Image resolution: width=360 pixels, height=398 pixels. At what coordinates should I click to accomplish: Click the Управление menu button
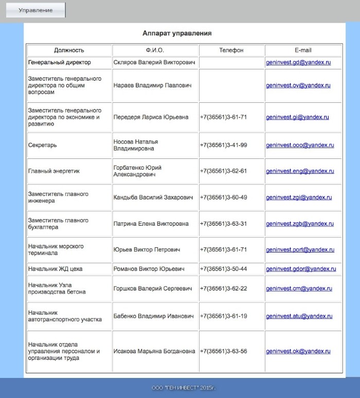(35, 10)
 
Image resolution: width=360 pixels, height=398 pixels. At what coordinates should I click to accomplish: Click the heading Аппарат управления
(177, 33)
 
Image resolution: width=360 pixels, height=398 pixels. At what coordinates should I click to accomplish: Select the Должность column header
(69, 50)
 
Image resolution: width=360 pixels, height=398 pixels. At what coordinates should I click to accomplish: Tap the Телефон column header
(231, 50)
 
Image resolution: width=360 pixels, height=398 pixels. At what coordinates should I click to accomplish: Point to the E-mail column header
(303, 50)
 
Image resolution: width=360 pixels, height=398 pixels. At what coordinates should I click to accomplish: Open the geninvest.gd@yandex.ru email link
(298, 63)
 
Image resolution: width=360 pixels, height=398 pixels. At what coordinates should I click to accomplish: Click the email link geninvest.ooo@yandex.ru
(300, 146)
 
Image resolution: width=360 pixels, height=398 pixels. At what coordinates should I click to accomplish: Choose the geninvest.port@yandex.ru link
(300, 250)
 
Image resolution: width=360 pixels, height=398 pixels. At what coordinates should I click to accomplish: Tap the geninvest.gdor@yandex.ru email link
(301, 269)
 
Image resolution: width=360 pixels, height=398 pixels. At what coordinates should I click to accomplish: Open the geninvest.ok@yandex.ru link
(298, 351)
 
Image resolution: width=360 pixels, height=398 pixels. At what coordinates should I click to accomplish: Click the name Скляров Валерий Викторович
(154, 63)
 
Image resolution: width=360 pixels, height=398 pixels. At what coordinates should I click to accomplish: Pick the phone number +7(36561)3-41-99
(223, 146)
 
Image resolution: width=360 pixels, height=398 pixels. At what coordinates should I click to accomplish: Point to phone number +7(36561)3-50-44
(223, 269)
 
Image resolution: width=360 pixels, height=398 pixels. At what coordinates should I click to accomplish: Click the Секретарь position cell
(43, 146)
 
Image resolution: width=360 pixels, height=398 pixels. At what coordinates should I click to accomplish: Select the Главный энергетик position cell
(54, 171)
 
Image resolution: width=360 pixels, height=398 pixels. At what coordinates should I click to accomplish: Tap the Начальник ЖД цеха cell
(55, 269)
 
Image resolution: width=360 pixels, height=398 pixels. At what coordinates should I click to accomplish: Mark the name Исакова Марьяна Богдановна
(154, 351)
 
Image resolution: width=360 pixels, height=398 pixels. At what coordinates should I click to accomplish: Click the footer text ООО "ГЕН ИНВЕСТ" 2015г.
(182, 387)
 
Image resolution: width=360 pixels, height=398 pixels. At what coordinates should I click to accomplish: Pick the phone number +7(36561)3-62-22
(223, 288)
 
